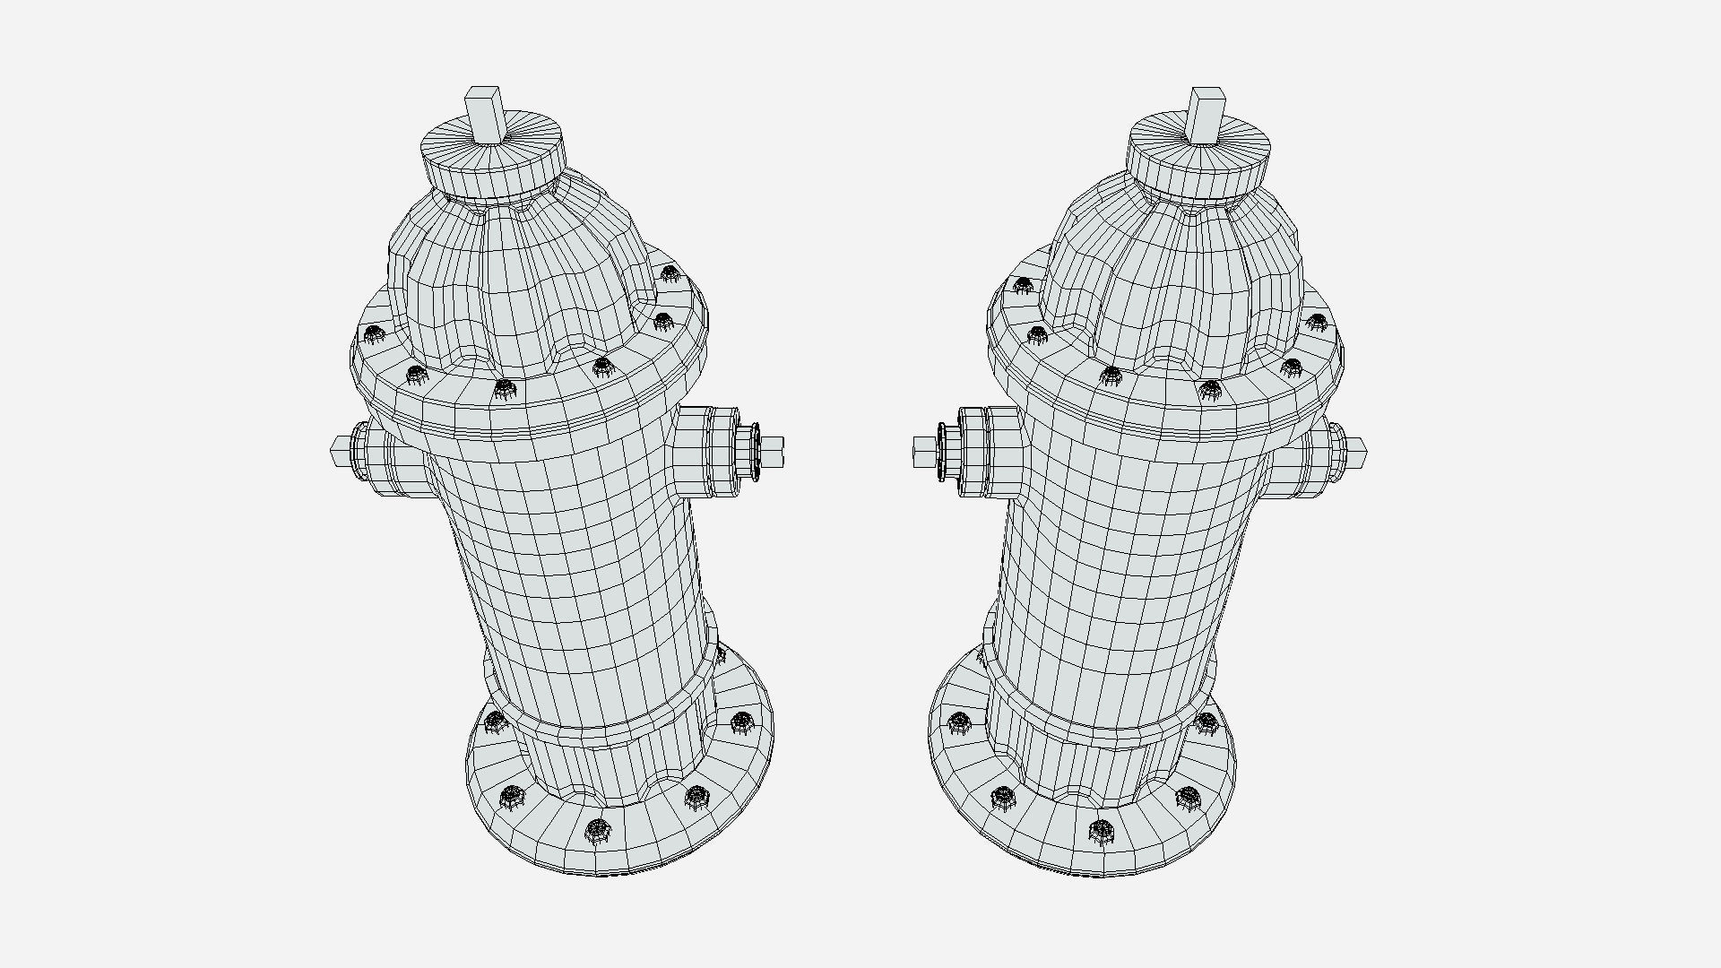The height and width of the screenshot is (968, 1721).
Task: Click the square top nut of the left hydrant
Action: (483, 115)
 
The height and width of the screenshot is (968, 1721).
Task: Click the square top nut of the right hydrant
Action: (1206, 115)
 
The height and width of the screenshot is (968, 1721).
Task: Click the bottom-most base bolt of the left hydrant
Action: (597, 831)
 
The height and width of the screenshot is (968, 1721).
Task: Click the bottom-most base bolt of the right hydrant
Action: (1101, 831)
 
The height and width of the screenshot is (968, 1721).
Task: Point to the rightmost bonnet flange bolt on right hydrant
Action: (1316, 321)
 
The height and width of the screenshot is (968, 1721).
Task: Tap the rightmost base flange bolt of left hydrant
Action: (741, 721)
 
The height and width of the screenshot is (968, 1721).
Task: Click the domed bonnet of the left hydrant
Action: (524, 278)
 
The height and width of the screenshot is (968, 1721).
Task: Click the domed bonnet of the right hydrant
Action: (1174, 278)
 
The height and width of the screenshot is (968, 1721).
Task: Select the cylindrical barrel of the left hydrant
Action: (574, 574)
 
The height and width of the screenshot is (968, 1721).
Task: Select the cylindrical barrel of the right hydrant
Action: (1120, 574)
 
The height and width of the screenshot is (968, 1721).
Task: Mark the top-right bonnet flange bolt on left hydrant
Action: (670, 273)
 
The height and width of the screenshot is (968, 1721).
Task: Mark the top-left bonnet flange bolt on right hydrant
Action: (1023, 285)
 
